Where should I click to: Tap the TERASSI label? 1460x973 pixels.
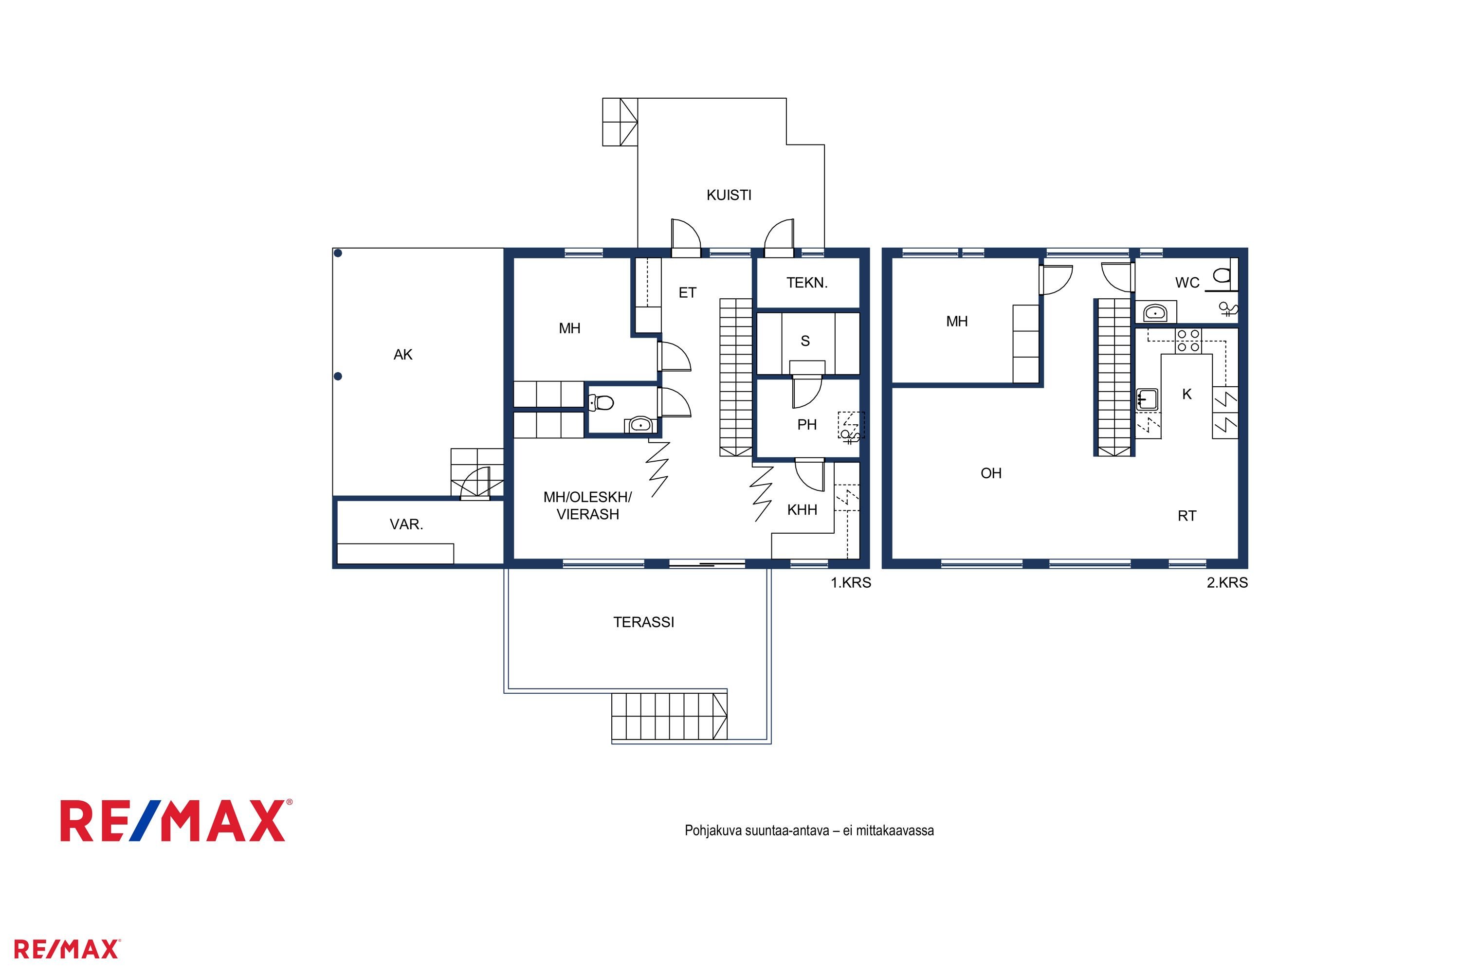644,622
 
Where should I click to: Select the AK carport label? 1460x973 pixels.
403,354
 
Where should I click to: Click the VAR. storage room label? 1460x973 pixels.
406,524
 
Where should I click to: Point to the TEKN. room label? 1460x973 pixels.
807,283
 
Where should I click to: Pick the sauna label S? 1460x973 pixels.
805,341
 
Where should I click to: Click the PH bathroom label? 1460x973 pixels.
807,424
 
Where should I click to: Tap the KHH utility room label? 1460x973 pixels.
802,510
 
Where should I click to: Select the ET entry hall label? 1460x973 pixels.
687,293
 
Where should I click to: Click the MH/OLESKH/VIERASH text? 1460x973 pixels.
588,506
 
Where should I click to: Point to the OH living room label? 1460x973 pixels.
991,473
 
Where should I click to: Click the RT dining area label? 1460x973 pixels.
1187,516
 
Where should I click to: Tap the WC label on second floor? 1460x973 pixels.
1187,283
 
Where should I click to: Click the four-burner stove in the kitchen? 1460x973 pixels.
1188,341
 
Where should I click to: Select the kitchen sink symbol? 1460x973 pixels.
1147,399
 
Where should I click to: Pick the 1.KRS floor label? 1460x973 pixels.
851,583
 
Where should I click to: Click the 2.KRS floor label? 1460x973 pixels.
1227,583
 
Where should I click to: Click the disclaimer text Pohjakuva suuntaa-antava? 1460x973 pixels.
757,830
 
